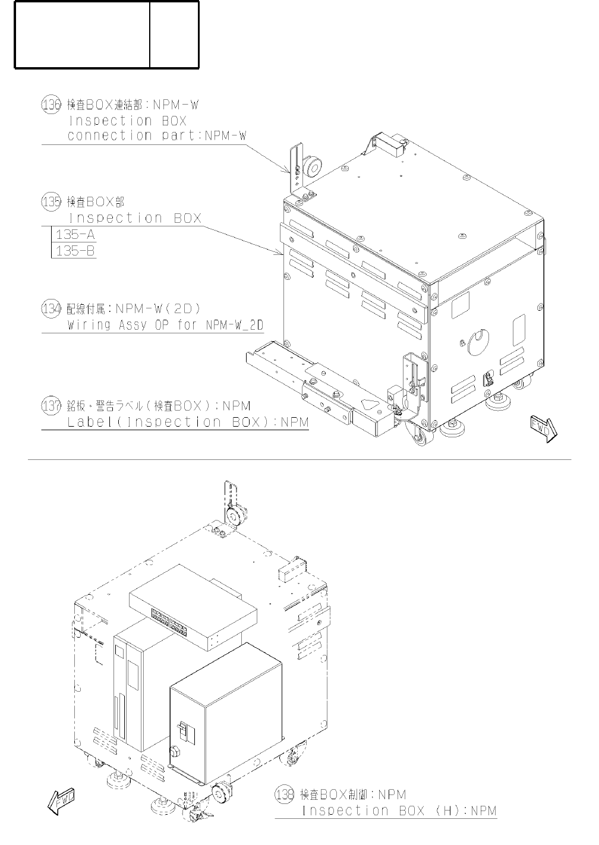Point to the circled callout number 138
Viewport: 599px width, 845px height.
click(285, 794)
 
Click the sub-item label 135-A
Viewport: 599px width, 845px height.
click(75, 234)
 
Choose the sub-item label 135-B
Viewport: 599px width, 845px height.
click(75, 251)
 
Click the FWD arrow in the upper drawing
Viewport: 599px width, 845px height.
click(543, 428)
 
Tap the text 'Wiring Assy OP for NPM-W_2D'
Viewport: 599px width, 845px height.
click(165, 326)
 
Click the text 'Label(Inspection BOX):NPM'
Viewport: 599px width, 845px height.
click(188, 422)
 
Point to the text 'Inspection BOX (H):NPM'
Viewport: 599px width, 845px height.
click(399, 811)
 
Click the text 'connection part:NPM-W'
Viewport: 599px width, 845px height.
click(157, 135)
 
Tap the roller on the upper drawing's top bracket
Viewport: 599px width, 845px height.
click(311, 168)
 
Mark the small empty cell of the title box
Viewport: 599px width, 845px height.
click(174, 34)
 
